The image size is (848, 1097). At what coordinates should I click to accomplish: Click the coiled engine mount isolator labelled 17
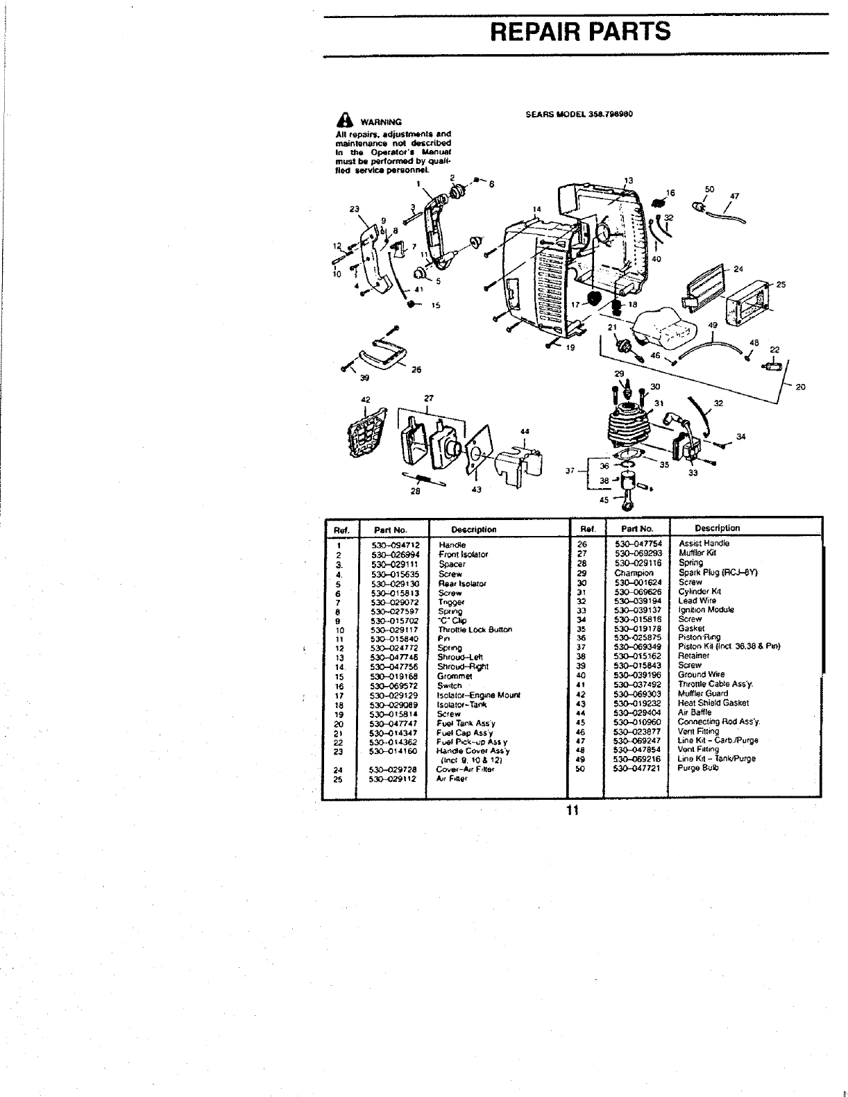pos(594,301)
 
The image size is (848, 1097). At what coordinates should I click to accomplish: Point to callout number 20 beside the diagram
pos(799,387)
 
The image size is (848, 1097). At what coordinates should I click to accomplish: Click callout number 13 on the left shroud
pos(628,181)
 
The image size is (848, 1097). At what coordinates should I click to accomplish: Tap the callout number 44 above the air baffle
pos(525,431)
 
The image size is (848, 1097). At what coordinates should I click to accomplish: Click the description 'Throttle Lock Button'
pos(475,630)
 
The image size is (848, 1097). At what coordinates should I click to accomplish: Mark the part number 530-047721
pos(638,768)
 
